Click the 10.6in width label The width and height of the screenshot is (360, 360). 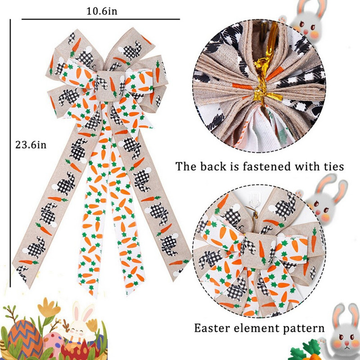(x=102, y=11)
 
